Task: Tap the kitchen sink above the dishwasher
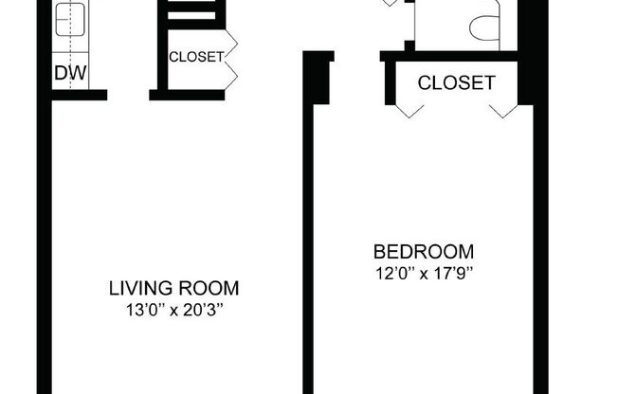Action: coord(68,24)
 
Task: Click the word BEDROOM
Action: coord(424,252)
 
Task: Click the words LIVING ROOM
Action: coord(173,288)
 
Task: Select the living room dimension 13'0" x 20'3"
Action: coord(173,310)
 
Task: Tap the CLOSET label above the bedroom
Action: coord(456,82)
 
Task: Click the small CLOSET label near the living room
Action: coord(196,57)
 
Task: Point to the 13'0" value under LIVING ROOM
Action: coord(141,310)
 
